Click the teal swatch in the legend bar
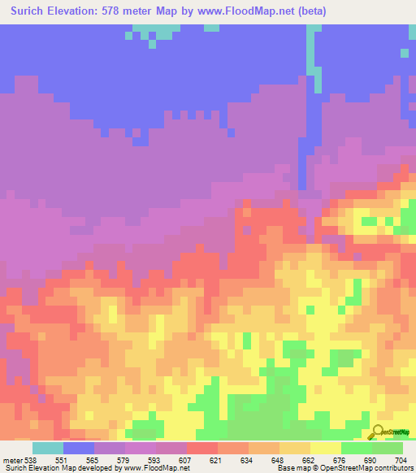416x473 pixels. point(47,448)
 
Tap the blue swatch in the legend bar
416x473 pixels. point(78,448)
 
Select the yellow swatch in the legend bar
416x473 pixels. point(326,448)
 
